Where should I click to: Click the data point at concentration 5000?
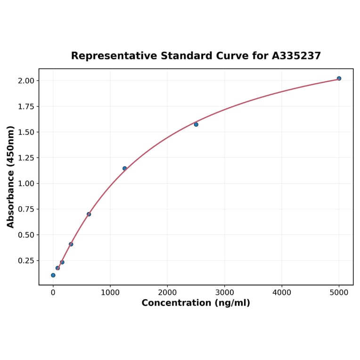(x=339, y=78)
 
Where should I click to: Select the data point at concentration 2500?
(x=196, y=124)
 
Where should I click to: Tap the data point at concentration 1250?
(x=125, y=168)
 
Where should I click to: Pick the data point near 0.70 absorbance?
(x=89, y=214)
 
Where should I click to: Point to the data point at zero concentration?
(x=53, y=275)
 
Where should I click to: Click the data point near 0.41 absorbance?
(x=71, y=244)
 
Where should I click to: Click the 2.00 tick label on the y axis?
(x=26, y=81)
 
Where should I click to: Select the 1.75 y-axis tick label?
(x=26, y=106)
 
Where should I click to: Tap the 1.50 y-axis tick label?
(x=26, y=132)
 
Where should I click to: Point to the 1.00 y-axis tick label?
(x=26, y=183)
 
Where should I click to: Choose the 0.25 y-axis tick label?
(x=26, y=261)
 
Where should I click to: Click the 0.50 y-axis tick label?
(x=26, y=235)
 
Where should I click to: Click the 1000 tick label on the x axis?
(x=110, y=292)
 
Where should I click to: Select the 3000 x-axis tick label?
(x=225, y=292)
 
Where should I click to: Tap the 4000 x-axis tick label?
(x=282, y=292)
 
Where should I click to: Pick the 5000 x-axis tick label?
(x=339, y=292)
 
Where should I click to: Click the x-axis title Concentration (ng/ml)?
(x=196, y=303)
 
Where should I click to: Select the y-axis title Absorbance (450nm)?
(x=11, y=177)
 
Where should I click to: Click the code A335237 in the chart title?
(x=296, y=56)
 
